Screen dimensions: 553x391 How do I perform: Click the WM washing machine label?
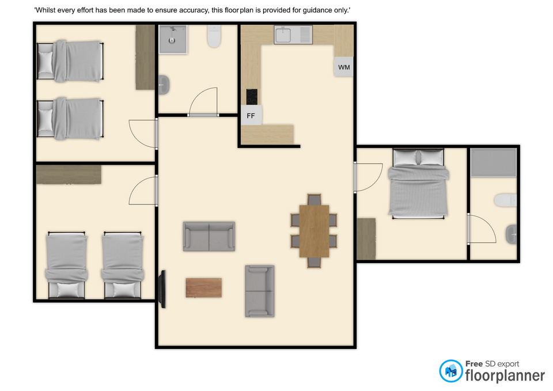344,67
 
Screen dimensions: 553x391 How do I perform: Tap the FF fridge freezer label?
251,116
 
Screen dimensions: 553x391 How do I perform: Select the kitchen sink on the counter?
293,35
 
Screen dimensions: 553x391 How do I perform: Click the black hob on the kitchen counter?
252,97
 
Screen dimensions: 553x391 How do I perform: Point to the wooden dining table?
315,231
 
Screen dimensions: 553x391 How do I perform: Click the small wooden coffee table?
204,288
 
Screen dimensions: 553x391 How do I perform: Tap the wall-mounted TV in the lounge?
163,289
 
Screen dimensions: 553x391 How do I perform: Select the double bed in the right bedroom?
418,184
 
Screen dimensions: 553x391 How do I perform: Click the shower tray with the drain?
173,39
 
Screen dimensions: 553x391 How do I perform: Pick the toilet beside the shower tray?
214,36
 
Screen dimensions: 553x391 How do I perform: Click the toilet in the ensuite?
505,200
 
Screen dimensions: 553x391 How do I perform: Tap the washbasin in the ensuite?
511,234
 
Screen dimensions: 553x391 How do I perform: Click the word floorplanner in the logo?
505,376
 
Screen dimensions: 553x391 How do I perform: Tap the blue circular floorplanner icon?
450,371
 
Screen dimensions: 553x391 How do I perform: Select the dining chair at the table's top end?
315,200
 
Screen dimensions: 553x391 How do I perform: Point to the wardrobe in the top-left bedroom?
145,57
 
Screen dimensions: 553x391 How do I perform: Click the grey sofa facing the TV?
260,291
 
